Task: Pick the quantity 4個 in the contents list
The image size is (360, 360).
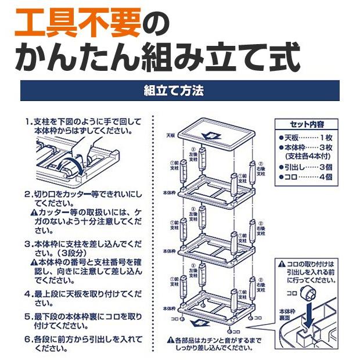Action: click(x=325, y=177)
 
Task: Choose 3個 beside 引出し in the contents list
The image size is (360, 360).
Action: click(x=325, y=166)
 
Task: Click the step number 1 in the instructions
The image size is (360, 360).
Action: click(x=28, y=123)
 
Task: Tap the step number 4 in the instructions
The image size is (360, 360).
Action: click(x=28, y=293)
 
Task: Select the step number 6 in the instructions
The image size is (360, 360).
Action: click(x=28, y=338)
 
